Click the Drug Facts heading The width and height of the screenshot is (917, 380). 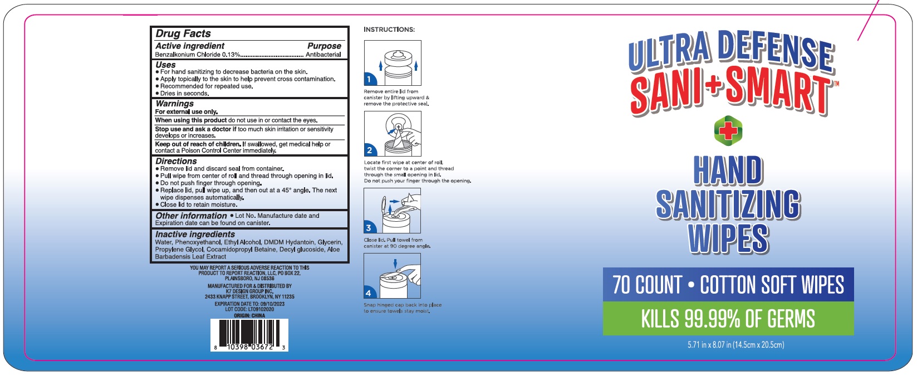[183, 33]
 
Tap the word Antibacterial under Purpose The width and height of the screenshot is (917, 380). [323, 55]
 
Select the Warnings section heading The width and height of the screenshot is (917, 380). [175, 104]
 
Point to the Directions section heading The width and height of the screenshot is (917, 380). [176, 161]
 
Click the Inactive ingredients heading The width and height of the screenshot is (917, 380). [195, 235]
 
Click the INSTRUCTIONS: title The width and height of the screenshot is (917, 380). [389, 30]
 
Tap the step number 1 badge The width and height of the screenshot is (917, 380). [369, 79]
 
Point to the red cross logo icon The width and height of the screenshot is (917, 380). [728, 131]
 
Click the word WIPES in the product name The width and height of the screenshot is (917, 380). [728, 239]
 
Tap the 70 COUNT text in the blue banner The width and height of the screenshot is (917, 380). [647, 285]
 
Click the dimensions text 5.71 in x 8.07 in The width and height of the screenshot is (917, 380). [735, 345]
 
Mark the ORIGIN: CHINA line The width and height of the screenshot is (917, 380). [249, 315]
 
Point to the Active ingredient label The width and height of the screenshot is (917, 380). [190, 46]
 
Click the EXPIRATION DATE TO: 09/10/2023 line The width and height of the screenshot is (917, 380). [249, 304]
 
